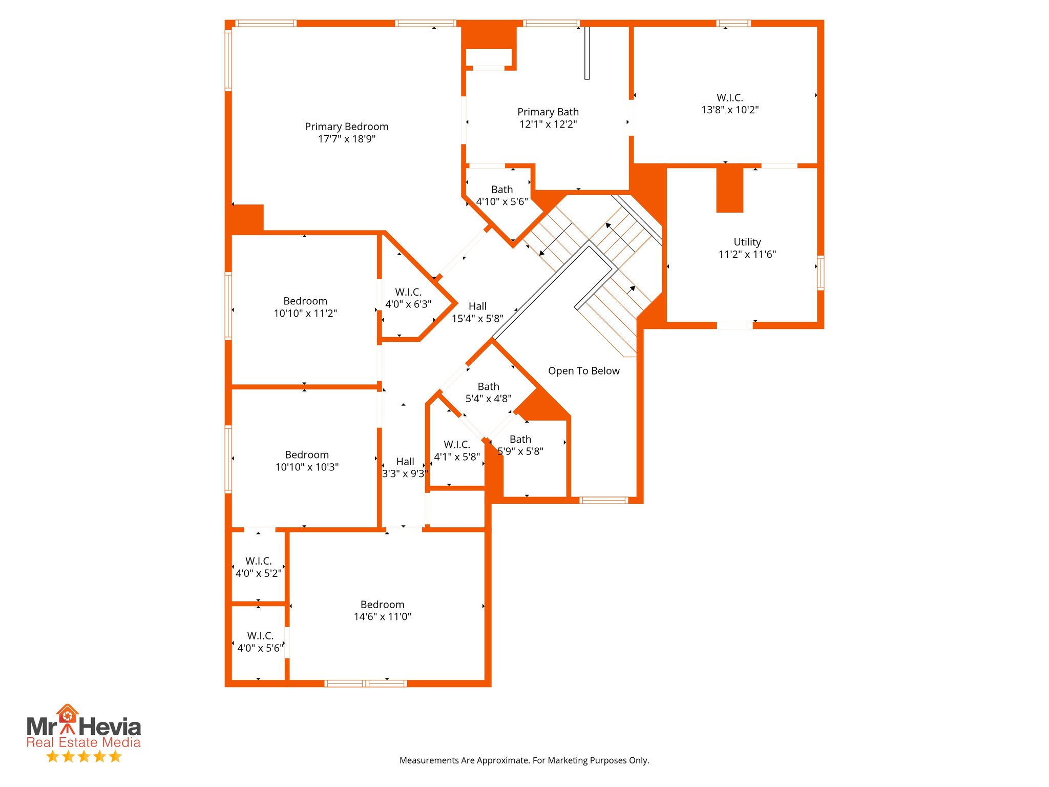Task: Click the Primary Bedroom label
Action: tap(346, 127)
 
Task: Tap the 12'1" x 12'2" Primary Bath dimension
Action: tap(548, 125)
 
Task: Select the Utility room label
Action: tap(747, 242)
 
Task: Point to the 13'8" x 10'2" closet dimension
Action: tap(729, 110)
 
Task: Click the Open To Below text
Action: tap(583, 371)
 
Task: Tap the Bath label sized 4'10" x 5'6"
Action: tap(502, 190)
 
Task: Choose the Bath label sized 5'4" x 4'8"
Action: tap(488, 386)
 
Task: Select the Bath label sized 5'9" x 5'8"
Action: tap(520, 439)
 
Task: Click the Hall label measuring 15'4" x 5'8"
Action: tap(477, 306)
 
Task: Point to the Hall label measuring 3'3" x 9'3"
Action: tap(405, 462)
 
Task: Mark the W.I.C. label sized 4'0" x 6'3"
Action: tap(408, 292)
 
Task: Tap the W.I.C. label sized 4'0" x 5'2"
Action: tap(258, 561)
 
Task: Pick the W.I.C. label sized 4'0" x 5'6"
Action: tap(260, 636)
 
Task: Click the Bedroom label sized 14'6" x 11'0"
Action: tap(382, 605)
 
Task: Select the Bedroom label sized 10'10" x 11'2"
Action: tap(305, 301)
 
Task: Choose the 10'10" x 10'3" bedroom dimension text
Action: tap(307, 467)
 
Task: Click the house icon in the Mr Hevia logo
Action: tap(67, 713)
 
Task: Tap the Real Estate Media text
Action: tap(83, 742)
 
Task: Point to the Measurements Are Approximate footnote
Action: tap(524, 760)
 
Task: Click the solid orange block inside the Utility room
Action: tap(729, 190)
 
